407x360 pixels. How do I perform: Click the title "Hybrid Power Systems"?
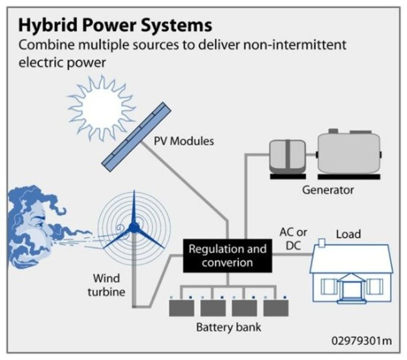(115, 25)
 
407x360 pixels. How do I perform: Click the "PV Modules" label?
(184, 140)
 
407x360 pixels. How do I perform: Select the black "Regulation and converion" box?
(227, 256)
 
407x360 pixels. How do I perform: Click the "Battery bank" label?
(228, 327)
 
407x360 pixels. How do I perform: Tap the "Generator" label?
(328, 191)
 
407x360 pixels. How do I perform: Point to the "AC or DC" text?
(294, 238)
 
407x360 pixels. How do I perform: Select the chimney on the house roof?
(322, 243)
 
